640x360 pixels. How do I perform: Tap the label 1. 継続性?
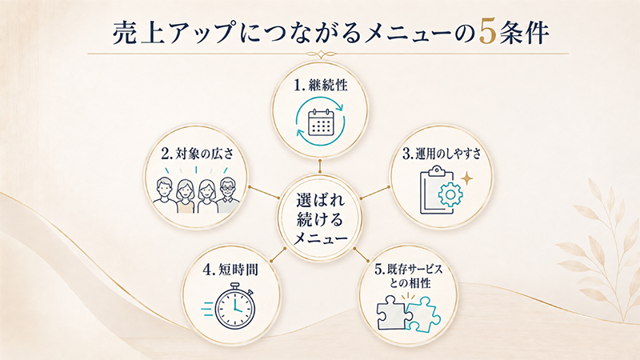coord(321,86)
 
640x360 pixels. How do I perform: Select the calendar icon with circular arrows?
coord(321,122)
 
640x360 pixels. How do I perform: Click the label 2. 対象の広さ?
coord(197,154)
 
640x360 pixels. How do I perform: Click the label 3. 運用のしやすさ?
coord(442,154)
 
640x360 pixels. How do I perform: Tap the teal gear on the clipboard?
coord(450,194)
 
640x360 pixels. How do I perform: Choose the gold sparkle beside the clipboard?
coord(466,178)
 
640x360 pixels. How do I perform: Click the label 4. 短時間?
coord(230,270)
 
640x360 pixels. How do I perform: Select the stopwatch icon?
coord(234,308)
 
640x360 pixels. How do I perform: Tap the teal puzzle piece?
coord(422,314)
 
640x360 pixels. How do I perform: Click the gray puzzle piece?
coord(392,312)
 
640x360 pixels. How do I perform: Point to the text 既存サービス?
coord(414,269)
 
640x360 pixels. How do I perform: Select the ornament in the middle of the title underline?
coord(321,54)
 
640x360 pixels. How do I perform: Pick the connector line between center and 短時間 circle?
coord(279,254)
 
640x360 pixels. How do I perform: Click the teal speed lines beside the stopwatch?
coord(208,309)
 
